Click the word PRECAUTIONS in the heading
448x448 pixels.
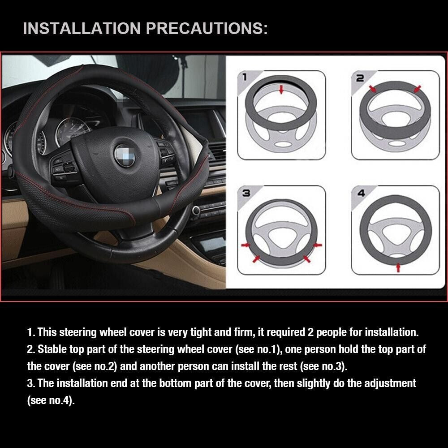click(207, 29)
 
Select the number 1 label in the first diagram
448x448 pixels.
click(244, 77)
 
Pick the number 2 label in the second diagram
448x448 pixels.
click(360, 78)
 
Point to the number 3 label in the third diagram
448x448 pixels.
click(246, 194)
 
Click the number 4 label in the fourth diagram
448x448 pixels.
click(361, 194)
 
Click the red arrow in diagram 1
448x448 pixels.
click(281, 90)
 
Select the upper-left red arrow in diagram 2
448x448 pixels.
click(373, 90)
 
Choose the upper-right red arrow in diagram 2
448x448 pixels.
click(417, 90)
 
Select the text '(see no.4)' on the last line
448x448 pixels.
click(50, 400)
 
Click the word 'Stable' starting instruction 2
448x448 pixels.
click(51, 349)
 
